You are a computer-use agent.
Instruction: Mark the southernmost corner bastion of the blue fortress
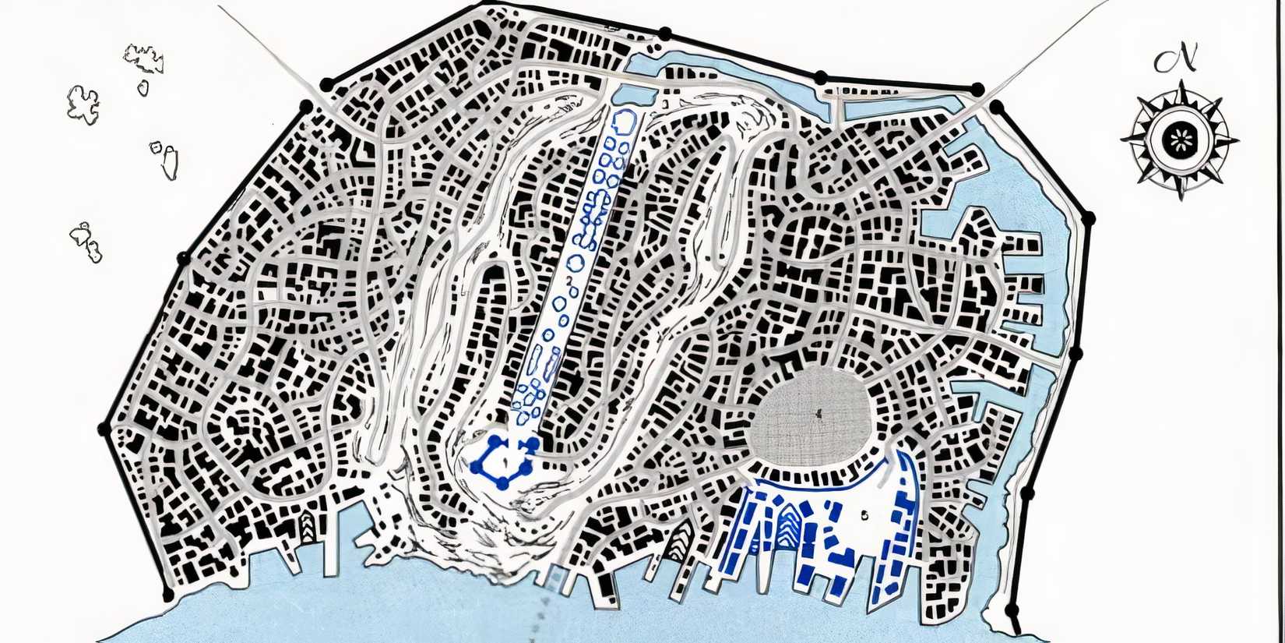point(504,485)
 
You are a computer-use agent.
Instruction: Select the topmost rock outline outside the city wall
point(144,58)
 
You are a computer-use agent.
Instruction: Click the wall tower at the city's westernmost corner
point(103,429)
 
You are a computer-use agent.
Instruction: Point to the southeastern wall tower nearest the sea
point(1012,609)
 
